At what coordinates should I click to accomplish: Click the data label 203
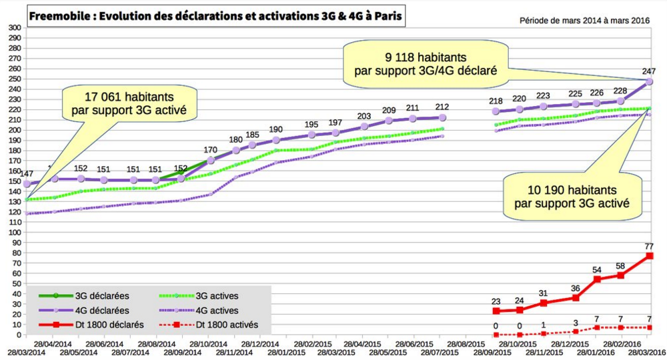coord(364,116)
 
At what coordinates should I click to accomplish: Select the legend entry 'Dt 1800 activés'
coord(226,325)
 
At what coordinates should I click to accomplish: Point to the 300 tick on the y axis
coord(15,28)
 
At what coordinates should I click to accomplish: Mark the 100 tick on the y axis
coord(15,232)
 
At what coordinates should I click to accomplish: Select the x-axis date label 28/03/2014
coord(26,351)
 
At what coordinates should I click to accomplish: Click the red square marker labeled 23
coord(496,311)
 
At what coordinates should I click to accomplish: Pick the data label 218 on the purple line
coord(496,101)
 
